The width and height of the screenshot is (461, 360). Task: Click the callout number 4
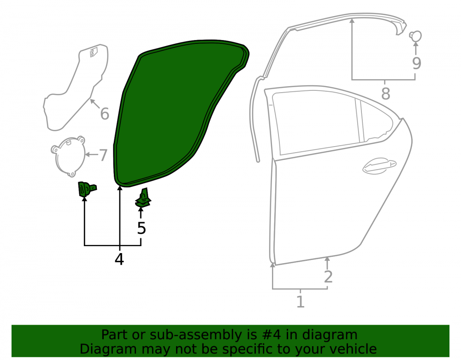(x=119, y=259)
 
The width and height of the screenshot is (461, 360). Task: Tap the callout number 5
(x=142, y=228)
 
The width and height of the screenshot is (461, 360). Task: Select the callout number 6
(x=105, y=114)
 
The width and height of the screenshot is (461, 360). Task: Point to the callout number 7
(x=103, y=155)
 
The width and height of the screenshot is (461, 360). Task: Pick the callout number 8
(x=385, y=94)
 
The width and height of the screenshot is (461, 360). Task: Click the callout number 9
(x=416, y=63)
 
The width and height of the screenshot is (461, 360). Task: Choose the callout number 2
(x=328, y=277)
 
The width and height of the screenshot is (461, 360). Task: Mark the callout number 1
(x=300, y=302)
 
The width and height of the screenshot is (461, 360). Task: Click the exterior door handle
(x=379, y=166)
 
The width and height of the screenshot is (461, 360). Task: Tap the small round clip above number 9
(x=415, y=36)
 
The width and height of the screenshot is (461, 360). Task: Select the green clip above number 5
(x=143, y=198)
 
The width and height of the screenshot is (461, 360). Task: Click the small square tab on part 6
(x=94, y=52)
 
